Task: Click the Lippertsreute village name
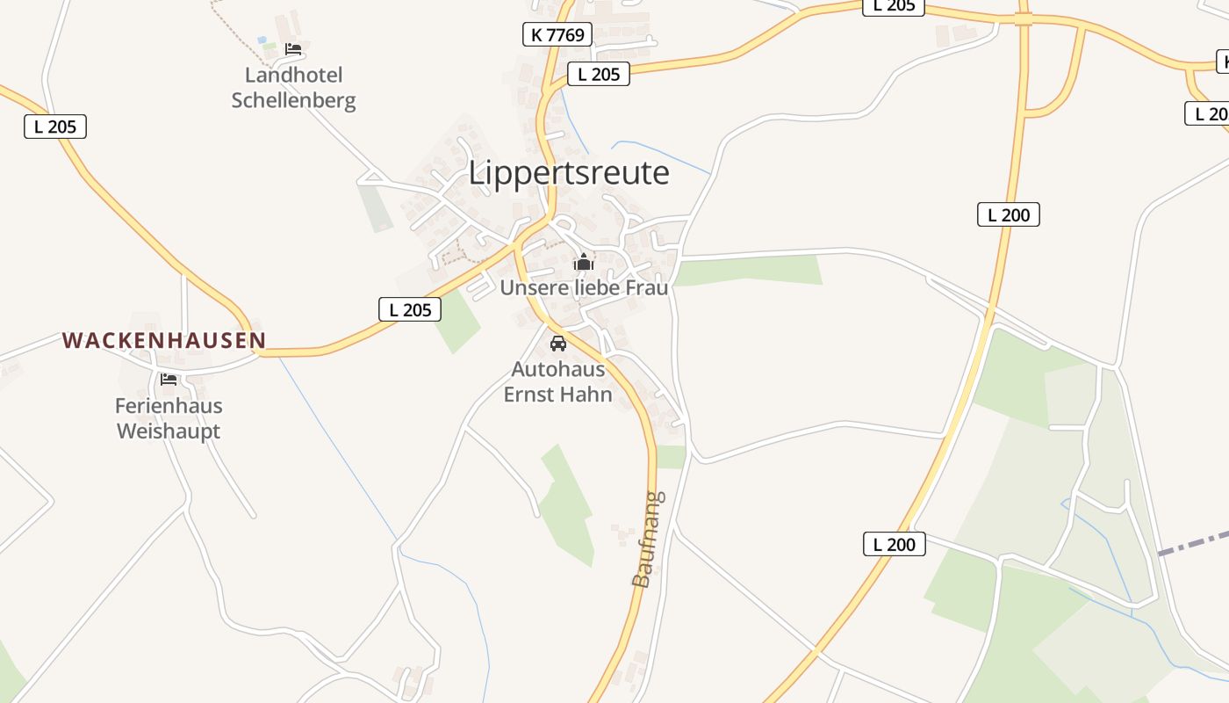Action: [569, 173]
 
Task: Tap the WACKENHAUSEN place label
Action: [164, 341]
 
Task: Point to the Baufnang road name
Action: [649, 539]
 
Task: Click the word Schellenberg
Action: [293, 100]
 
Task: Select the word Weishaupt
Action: [169, 431]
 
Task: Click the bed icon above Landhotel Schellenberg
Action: [293, 49]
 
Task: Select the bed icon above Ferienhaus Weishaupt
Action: [169, 380]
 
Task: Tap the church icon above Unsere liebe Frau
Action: [584, 262]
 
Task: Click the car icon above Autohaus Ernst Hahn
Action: [557, 343]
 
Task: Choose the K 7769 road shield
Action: [557, 35]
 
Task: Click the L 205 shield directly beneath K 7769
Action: [600, 75]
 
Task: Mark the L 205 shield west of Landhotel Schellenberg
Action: [55, 127]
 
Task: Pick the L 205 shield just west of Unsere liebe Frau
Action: [410, 309]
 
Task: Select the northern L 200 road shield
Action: [1009, 214]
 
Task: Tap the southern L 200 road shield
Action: [895, 544]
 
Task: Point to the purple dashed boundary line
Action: [1194, 542]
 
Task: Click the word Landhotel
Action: [293, 75]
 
